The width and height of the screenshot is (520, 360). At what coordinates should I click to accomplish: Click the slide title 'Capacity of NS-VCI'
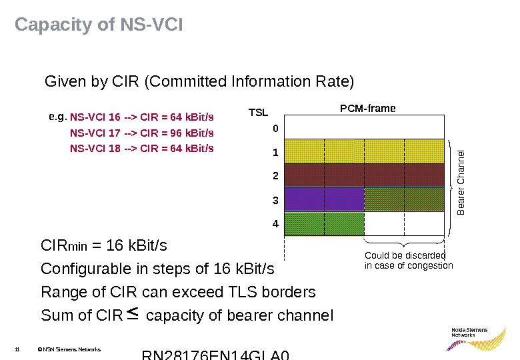coord(99,25)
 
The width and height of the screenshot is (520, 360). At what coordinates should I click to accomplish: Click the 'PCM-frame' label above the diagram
coord(368,108)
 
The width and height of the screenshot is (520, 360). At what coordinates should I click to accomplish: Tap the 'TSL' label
coord(258,113)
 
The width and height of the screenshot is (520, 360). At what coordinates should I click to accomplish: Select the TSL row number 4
coord(275,225)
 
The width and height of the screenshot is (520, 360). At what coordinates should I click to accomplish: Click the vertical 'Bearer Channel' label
coord(461,183)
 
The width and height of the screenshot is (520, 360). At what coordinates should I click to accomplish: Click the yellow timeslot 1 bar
coord(364,151)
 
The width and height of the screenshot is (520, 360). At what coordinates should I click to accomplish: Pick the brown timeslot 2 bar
coord(364,175)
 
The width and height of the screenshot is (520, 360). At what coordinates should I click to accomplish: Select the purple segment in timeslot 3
coord(324,199)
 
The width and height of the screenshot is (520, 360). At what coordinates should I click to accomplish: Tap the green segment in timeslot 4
coord(324,223)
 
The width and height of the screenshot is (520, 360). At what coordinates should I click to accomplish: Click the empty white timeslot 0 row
coord(364,126)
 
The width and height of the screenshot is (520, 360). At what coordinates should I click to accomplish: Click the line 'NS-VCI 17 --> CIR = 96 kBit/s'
coord(142,133)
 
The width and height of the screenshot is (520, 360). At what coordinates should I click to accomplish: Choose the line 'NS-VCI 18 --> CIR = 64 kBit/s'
coord(142,148)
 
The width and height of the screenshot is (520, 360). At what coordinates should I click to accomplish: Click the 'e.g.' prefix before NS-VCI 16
coord(57,117)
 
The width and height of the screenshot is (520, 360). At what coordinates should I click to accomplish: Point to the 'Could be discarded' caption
coord(405,255)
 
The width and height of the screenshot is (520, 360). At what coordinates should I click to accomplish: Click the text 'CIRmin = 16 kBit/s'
coord(104,247)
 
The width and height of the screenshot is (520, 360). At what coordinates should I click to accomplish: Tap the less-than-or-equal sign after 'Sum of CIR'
coord(132,312)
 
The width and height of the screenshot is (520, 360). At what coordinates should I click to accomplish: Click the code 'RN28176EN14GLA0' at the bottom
coord(216,354)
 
